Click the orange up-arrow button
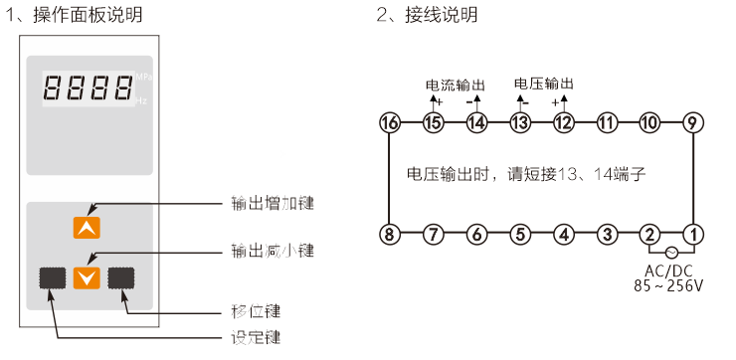(88, 228)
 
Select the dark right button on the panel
(122, 277)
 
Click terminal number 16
(389, 123)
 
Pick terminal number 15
(433, 123)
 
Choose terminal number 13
(519, 123)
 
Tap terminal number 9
(693, 123)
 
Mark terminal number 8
(389, 235)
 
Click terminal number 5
(519, 235)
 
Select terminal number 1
(693, 235)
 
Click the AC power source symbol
(671, 253)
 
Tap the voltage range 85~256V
(668, 286)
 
